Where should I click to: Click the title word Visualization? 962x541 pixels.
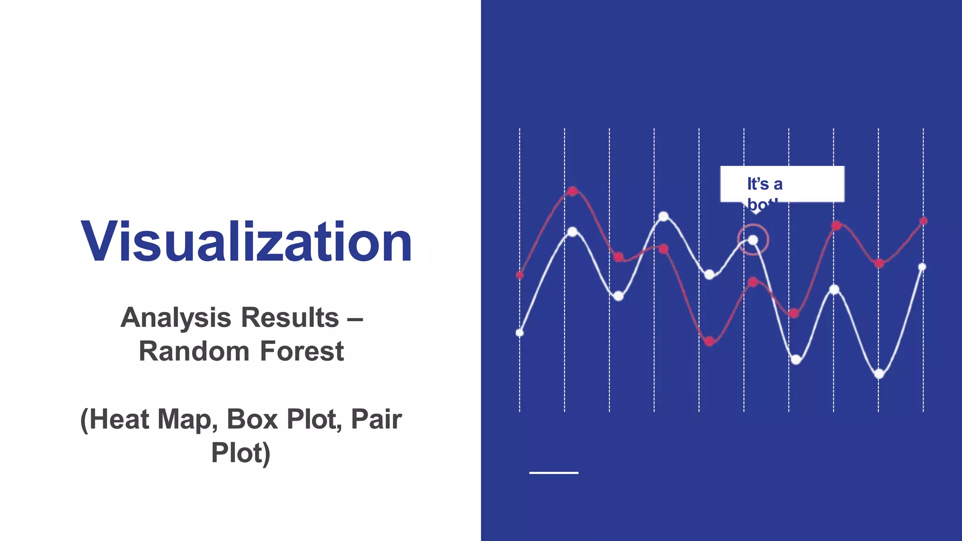(x=246, y=241)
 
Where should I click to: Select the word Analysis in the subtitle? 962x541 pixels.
(x=183, y=317)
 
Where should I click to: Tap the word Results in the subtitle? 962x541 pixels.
(x=293, y=317)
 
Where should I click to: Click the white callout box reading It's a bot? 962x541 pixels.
(x=782, y=184)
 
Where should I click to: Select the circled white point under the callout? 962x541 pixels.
(x=753, y=240)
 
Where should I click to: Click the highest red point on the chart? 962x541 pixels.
(x=573, y=191)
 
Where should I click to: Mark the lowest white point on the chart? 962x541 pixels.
(x=879, y=374)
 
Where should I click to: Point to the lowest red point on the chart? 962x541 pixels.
(x=710, y=341)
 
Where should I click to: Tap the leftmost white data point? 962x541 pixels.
(x=520, y=333)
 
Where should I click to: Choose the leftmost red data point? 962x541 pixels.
(x=520, y=275)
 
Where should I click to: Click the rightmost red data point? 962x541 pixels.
(x=923, y=221)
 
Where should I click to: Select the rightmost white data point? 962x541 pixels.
(x=922, y=267)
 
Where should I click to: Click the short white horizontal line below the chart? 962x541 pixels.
(x=554, y=472)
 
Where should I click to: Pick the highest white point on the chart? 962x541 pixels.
(x=664, y=216)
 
